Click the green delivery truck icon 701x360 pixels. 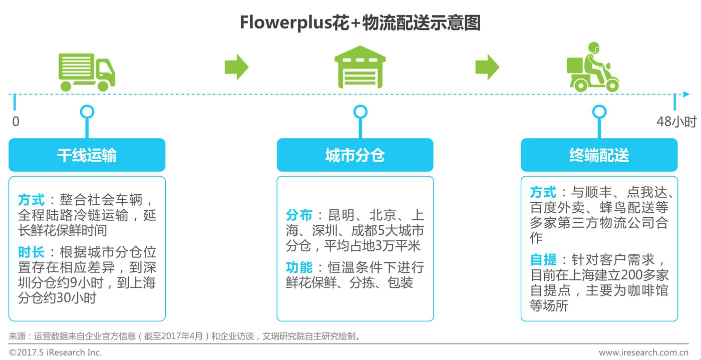[87, 71]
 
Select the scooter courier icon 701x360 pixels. [593, 68]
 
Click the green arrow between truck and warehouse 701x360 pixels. [236, 67]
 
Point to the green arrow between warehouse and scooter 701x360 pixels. [487, 67]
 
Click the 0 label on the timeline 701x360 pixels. [16, 122]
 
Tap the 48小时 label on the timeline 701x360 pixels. [676, 122]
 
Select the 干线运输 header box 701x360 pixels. [87, 155]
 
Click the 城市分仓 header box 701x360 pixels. [355, 155]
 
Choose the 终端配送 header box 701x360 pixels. [599, 155]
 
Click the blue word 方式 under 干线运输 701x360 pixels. [31, 200]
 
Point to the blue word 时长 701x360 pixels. [31, 252]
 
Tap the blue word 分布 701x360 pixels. [299, 216]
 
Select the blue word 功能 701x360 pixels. [299, 267]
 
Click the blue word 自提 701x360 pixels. [543, 260]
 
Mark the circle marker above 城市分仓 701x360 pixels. [360, 112]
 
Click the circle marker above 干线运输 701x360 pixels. [87, 112]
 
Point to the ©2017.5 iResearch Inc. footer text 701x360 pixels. [55, 352]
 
